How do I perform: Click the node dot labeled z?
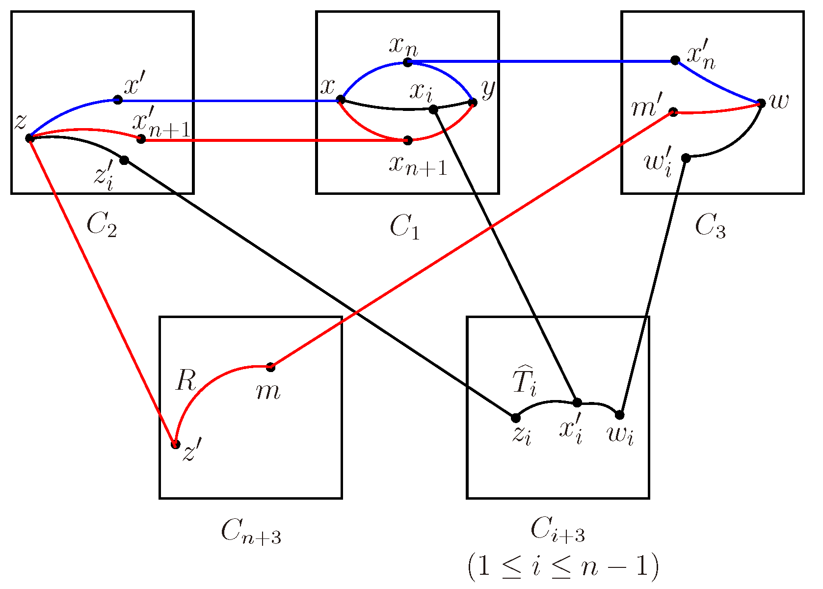click(30, 138)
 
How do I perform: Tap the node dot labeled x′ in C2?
click(118, 100)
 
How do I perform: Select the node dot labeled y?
click(473, 103)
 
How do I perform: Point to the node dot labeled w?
click(761, 104)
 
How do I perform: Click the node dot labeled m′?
click(673, 112)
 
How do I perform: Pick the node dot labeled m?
click(270, 367)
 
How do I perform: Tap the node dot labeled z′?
click(175, 445)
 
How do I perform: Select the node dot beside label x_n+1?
click(407, 140)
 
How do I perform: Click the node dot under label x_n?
click(407, 62)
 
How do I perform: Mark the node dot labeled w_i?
click(620, 415)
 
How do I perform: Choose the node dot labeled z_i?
click(515, 418)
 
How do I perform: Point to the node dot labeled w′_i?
click(686, 158)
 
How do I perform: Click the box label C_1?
click(405, 227)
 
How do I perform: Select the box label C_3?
click(710, 227)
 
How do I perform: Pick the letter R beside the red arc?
click(186, 380)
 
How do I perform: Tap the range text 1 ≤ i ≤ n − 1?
click(562, 567)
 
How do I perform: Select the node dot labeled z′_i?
click(124, 160)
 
